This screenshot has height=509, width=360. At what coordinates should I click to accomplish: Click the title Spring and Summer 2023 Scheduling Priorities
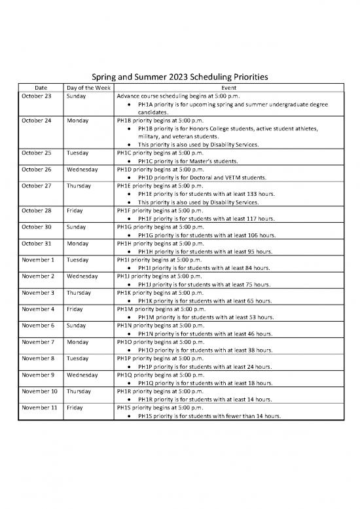click(x=180, y=77)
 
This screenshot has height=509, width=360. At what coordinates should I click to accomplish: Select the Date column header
click(x=41, y=87)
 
